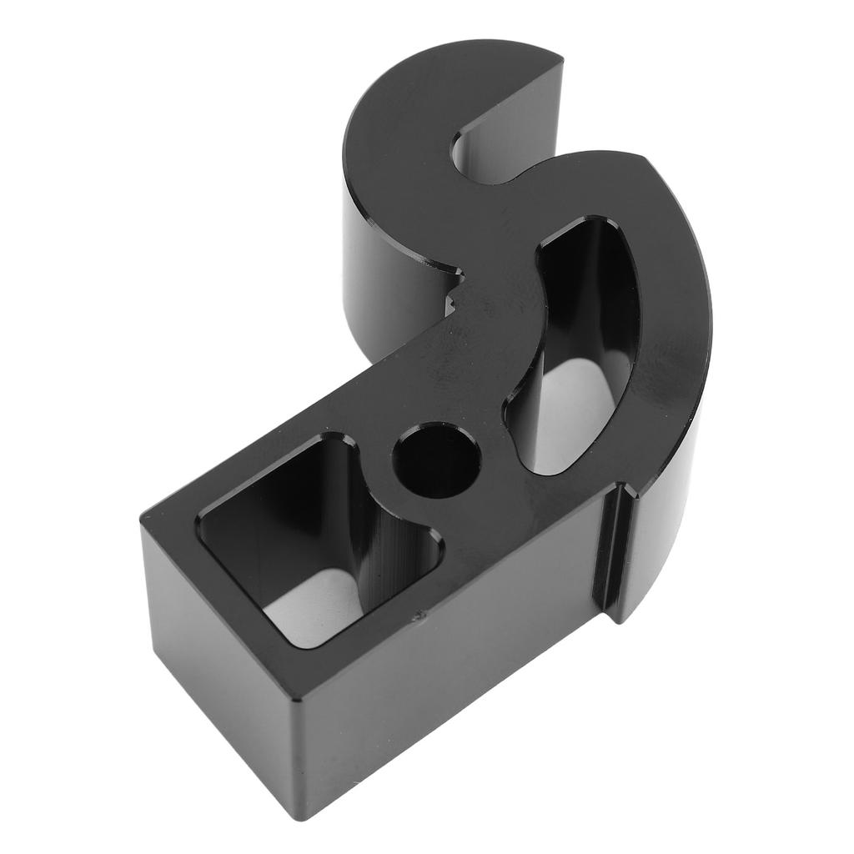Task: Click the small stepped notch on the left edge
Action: pyautogui.click(x=455, y=292)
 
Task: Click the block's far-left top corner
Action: pyautogui.click(x=143, y=517)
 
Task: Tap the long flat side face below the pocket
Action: pyautogui.click(x=450, y=667)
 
